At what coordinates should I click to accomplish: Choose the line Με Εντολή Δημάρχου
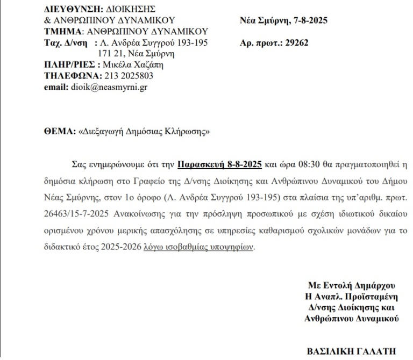pos(351,285)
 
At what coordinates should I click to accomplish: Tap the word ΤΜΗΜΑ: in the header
pos(60,31)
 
